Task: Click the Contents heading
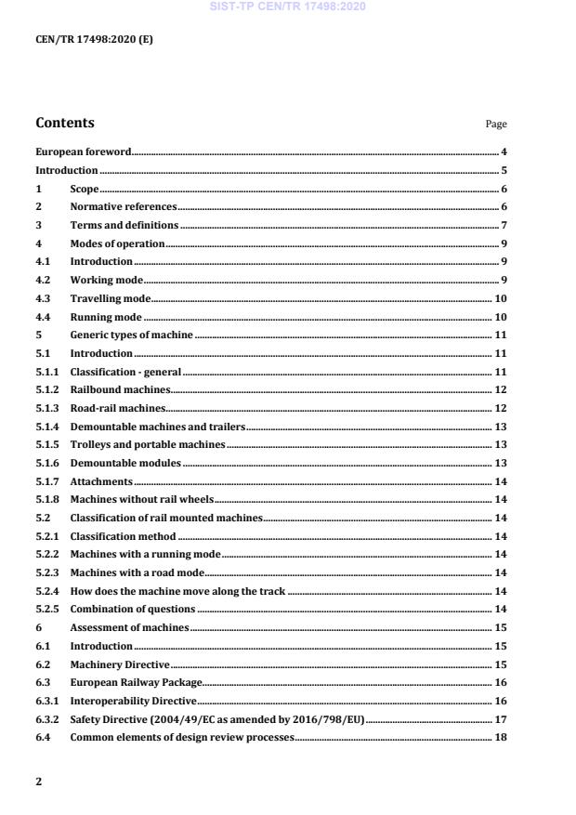pos(65,123)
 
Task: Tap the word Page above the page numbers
pos(496,125)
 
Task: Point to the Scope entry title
pos(85,189)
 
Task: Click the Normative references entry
pos(123,207)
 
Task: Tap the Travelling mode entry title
pos(110,298)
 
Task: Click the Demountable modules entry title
pos(125,463)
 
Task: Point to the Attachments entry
pos(101,481)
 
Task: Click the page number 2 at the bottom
pos(38,782)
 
